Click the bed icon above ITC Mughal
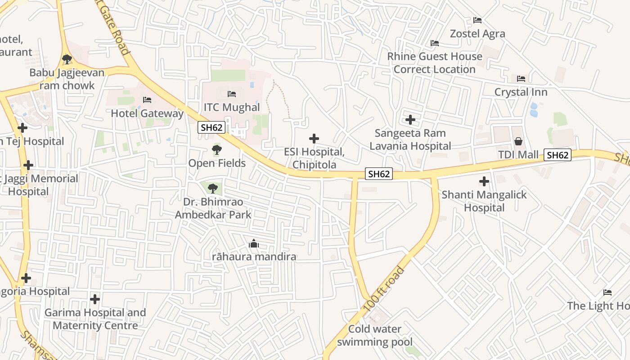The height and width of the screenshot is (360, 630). click(x=232, y=94)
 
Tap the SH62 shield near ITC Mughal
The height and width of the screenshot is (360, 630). click(x=211, y=127)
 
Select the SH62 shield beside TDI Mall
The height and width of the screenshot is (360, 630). click(x=558, y=155)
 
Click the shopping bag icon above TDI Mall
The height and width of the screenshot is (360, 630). click(x=518, y=141)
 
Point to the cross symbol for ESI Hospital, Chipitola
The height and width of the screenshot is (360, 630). click(x=314, y=139)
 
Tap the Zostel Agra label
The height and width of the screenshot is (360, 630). click(x=477, y=34)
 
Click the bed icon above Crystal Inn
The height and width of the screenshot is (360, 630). click(x=521, y=78)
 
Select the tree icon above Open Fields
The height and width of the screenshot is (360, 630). click(x=217, y=149)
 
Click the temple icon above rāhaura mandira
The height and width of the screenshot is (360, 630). click(x=254, y=244)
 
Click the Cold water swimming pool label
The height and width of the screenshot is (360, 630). click(x=374, y=335)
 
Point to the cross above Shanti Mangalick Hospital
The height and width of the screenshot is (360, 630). click(x=484, y=181)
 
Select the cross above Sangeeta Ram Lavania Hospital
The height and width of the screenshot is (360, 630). click(x=410, y=120)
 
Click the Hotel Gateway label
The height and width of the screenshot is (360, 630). click(x=147, y=113)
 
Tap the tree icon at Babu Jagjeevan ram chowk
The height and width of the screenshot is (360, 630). click(x=67, y=59)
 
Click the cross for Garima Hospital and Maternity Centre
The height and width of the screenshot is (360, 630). click(x=94, y=299)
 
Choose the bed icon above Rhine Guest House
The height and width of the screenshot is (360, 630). click(x=434, y=43)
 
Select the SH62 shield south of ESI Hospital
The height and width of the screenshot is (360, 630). click(x=378, y=174)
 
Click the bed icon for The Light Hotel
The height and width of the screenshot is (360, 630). click(x=607, y=292)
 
